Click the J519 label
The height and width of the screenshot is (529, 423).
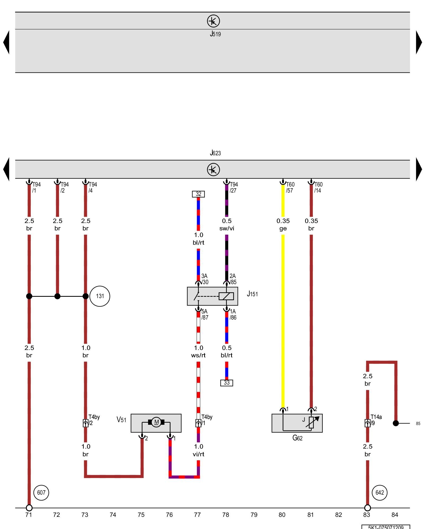click(x=215, y=34)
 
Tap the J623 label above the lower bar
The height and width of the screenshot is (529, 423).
click(x=215, y=153)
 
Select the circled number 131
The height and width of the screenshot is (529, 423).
click(x=100, y=296)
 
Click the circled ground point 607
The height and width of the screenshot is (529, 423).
click(x=41, y=492)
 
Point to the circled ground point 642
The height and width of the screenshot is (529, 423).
click(x=379, y=492)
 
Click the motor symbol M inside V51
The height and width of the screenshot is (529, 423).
click(x=156, y=422)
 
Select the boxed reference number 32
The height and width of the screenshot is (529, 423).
click(x=198, y=194)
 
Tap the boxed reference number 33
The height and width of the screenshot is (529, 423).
click(x=227, y=383)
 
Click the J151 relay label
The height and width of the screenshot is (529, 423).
click(x=252, y=294)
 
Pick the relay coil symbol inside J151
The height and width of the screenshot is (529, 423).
click(x=226, y=296)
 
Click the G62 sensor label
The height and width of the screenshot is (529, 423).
click(x=297, y=438)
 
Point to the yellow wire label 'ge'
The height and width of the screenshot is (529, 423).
click(x=283, y=229)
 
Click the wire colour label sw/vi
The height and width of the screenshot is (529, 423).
click(x=227, y=229)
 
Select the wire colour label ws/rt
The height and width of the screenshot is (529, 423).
click(x=198, y=355)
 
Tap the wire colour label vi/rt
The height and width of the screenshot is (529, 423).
click(x=198, y=454)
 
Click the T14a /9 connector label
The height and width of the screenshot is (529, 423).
click(x=376, y=420)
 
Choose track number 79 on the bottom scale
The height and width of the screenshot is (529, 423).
click(x=254, y=515)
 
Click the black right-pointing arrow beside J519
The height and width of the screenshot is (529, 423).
click(x=419, y=42)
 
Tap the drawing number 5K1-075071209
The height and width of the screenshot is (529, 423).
click(x=386, y=527)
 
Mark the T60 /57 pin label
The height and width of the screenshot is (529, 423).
click(x=290, y=187)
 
